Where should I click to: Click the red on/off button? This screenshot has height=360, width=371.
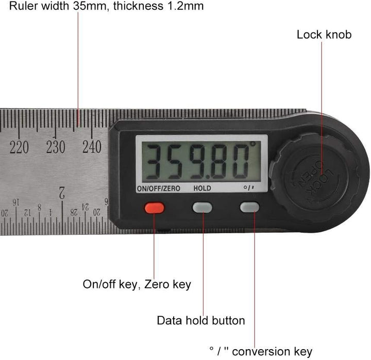155,208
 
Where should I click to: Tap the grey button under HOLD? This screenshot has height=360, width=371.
202,207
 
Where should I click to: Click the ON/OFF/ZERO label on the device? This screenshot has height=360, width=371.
158,188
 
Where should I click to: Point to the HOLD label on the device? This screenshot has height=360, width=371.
202,188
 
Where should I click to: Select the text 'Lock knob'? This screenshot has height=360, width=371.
324,35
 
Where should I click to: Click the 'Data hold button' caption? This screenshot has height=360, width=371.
201,320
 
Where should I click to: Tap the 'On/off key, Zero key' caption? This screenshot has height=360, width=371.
137,284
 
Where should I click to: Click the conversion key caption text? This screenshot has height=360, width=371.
261,352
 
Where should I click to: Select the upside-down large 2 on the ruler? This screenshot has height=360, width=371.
62,194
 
